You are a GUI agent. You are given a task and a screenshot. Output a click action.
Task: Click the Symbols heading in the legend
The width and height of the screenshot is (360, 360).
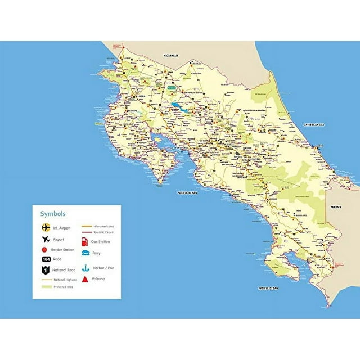pyautogui.click(x=53, y=214)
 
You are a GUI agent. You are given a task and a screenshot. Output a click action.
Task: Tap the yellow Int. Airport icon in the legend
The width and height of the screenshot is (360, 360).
pyautogui.click(x=46, y=228)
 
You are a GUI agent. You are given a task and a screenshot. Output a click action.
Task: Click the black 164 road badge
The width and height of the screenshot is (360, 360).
pyautogui.click(x=46, y=259)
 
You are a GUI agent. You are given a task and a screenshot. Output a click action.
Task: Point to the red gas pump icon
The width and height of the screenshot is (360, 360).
pyautogui.click(x=84, y=241)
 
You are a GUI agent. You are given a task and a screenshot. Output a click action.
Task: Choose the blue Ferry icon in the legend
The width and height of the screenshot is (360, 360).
pyautogui.click(x=84, y=253)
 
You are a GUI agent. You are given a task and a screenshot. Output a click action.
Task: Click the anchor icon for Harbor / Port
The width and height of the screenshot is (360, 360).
pyautogui.click(x=84, y=268)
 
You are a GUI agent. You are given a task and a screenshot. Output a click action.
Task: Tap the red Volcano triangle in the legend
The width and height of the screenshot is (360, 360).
pyautogui.click(x=84, y=278)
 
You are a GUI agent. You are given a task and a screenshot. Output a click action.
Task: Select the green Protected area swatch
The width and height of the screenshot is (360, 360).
pyautogui.click(x=46, y=287)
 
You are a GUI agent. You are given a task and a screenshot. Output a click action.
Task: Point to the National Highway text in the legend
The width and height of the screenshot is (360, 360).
pyautogui.click(x=66, y=280)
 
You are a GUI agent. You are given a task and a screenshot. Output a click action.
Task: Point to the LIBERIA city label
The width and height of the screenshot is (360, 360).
pyautogui.click(x=133, y=94)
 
